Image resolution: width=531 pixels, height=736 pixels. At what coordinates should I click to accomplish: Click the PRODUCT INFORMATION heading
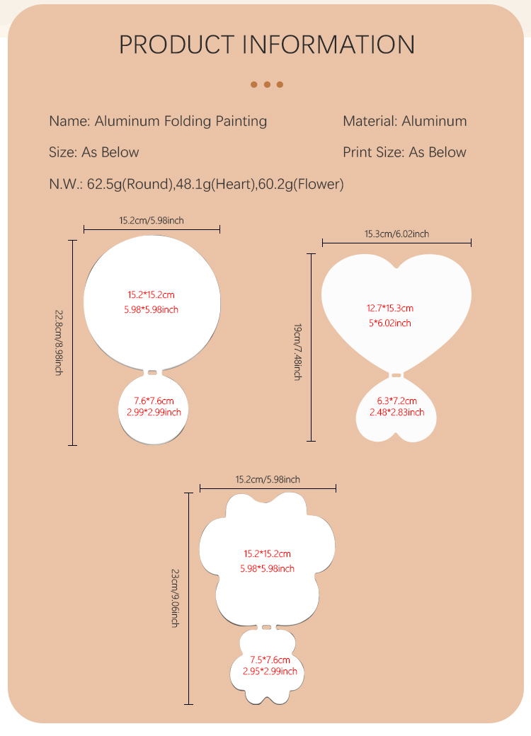click(x=266, y=45)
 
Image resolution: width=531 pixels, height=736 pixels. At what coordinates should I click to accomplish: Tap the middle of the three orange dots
click(x=267, y=85)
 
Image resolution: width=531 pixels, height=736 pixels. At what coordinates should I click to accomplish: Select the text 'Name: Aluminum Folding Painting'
click(x=158, y=121)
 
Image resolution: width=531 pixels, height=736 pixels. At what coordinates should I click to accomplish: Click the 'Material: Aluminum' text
click(x=404, y=121)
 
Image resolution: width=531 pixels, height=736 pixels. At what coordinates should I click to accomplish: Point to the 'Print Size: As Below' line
click(x=404, y=152)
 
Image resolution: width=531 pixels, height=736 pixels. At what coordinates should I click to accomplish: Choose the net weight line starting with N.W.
click(x=196, y=185)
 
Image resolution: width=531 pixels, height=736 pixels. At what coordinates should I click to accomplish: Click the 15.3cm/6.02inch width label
click(x=396, y=234)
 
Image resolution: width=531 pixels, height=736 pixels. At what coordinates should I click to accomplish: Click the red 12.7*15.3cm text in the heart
click(x=389, y=309)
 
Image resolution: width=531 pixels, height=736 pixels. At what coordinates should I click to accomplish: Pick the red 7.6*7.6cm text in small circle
click(x=154, y=401)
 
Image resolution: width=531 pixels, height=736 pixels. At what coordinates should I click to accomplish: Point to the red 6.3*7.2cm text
click(x=396, y=401)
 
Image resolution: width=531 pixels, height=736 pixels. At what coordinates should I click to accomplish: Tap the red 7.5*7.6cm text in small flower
click(x=270, y=660)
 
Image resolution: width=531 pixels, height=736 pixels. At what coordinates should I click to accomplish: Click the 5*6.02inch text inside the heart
click(x=389, y=323)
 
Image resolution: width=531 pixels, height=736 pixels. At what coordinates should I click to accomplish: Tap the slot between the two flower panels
click(x=266, y=627)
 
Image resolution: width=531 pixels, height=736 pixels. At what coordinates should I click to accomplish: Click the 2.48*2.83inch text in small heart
click(x=396, y=413)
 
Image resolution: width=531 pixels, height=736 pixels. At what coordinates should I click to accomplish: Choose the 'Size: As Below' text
click(x=94, y=152)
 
